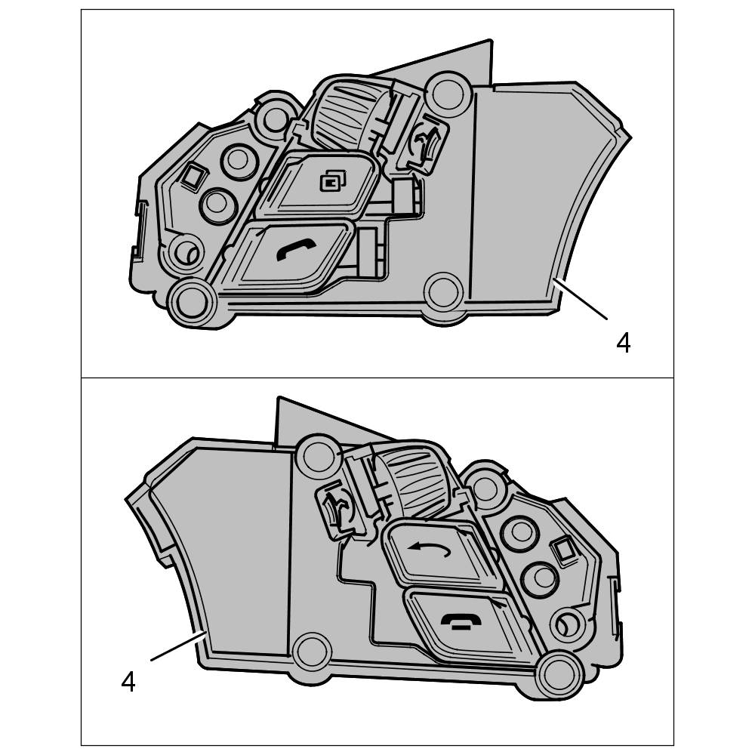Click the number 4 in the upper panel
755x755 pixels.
tap(624, 344)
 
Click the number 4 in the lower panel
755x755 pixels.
tap(128, 682)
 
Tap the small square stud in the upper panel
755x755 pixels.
tap(193, 175)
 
